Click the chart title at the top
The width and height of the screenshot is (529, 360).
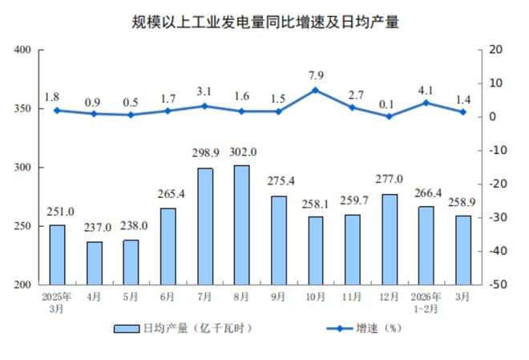(264, 22)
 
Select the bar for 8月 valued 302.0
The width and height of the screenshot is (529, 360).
(241, 224)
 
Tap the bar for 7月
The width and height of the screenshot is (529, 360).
(204, 226)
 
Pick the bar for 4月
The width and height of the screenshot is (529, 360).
(94, 263)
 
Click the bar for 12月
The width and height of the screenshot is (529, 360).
(390, 239)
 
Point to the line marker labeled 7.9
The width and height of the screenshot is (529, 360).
(315, 90)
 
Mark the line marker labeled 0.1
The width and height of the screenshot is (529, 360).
(390, 116)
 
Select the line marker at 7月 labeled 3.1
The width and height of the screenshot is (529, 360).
(204, 106)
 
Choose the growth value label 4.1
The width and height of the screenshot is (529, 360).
(426, 91)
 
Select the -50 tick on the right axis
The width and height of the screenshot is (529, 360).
(489, 285)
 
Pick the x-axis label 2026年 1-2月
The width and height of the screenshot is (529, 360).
(426, 302)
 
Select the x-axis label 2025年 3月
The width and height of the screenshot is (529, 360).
(57, 302)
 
